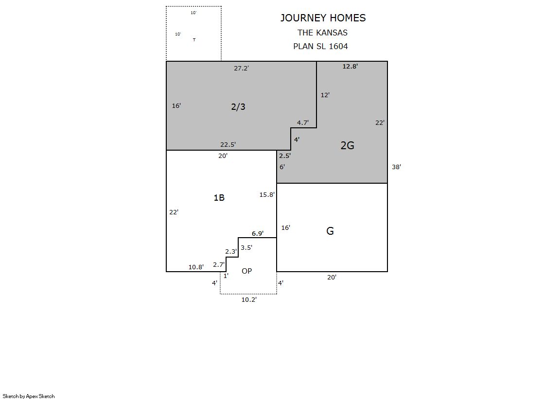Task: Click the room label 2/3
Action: (238, 106)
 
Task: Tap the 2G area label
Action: (347, 145)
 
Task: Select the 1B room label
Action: (219, 197)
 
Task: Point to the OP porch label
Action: (246, 271)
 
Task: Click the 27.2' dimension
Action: (241, 68)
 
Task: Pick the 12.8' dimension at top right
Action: (350, 66)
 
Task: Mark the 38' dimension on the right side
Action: (396, 167)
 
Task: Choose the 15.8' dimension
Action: (267, 195)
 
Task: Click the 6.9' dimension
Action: (258, 233)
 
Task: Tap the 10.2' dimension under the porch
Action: (249, 299)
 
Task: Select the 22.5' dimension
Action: (228, 144)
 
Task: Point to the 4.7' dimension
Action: (302, 122)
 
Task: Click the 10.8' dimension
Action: (196, 267)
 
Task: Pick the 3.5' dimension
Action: (246, 247)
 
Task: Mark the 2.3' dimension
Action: (231, 252)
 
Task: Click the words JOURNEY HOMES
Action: (323, 17)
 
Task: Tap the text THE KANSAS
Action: (322, 33)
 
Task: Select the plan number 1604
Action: (338, 46)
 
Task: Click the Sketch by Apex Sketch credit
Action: (29, 396)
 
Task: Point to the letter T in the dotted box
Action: (194, 40)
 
